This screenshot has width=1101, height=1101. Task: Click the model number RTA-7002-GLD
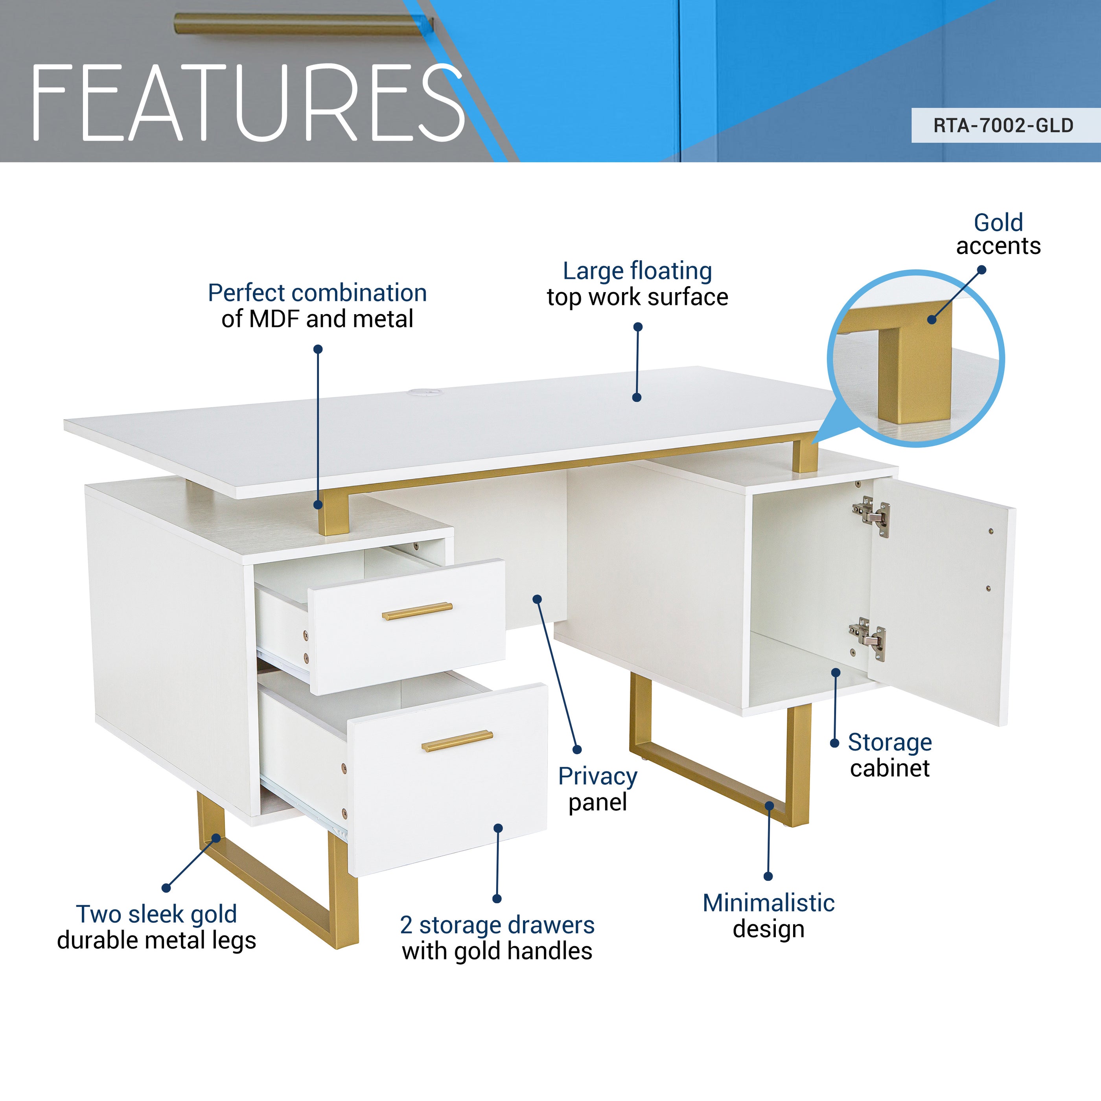click(x=1003, y=125)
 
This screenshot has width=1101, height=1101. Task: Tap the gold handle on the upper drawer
click(x=417, y=611)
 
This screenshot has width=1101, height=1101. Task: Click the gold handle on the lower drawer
click(x=457, y=740)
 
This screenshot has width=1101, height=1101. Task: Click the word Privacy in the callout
click(x=597, y=776)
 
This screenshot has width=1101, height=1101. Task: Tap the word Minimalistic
click(x=768, y=903)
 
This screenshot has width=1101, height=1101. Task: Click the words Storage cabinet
click(x=889, y=755)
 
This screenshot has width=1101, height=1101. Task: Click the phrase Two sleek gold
click(x=157, y=914)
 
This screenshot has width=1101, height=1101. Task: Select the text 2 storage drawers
click(x=497, y=925)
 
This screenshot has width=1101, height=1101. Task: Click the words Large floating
click(x=637, y=271)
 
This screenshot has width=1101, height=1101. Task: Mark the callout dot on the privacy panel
click(x=537, y=599)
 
